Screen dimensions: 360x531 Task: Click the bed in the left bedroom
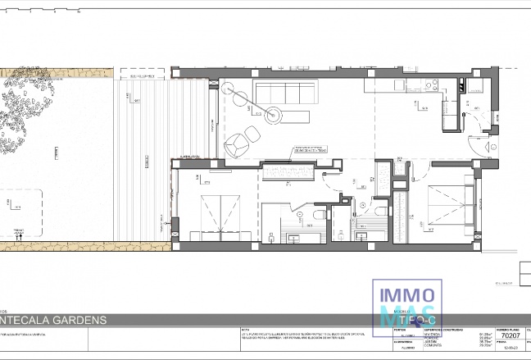pyautogui.click(x=214, y=215)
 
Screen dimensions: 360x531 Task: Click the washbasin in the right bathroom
pyautogui.click(x=361, y=236)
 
